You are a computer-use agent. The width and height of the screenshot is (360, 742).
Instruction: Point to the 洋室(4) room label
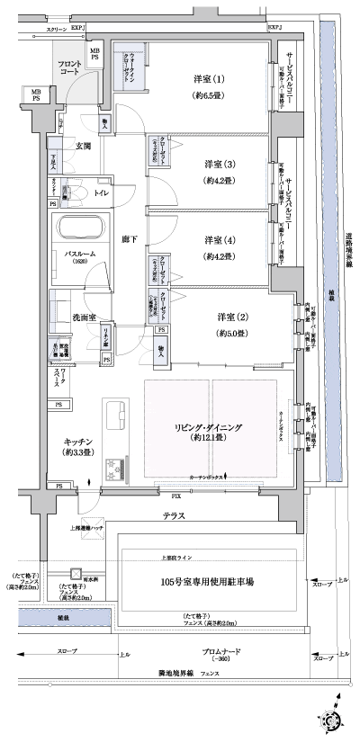213,240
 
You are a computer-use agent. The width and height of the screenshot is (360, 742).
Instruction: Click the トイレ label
101,193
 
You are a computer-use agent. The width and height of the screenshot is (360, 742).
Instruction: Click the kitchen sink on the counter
117,416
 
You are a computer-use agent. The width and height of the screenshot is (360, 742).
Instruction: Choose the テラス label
175,516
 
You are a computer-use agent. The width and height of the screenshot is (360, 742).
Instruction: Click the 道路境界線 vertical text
347,261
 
